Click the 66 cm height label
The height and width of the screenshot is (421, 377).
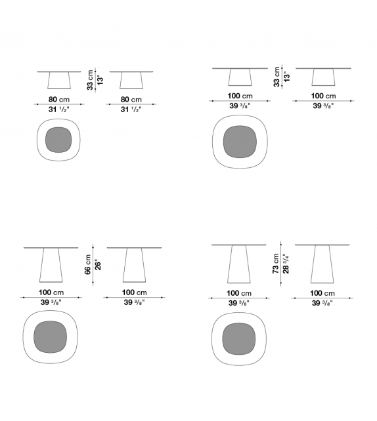88,264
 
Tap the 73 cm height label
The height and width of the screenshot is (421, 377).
276,264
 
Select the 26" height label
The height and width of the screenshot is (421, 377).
98,265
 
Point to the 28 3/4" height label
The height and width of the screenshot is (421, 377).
286,264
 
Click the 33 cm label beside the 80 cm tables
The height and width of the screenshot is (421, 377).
90,80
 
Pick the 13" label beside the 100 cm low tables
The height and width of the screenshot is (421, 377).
286,77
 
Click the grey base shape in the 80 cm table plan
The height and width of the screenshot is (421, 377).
58,140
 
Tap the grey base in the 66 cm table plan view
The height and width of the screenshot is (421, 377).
51,337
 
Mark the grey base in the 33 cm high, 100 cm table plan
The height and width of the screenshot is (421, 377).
240,142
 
